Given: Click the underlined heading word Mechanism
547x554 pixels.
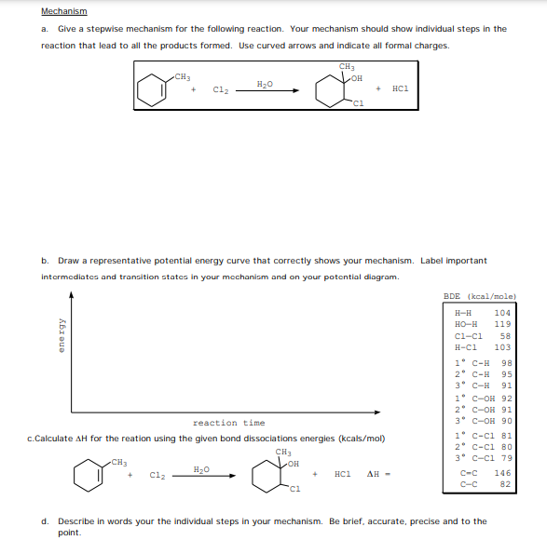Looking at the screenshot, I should pyautogui.click(x=64, y=11).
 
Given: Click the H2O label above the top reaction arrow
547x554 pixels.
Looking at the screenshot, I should pyautogui.click(x=266, y=84).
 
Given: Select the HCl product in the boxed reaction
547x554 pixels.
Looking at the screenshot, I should pyautogui.click(x=401, y=89).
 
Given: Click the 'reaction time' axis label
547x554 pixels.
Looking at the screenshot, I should pyautogui.click(x=228, y=423).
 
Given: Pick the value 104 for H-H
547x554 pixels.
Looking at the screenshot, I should pyautogui.click(x=502, y=313).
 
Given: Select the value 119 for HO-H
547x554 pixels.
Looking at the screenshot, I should pyautogui.click(x=502, y=324).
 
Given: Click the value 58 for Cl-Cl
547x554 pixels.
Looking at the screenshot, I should pyautogui.click(x=505, y=335).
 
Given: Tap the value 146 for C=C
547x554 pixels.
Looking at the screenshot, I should pyautogui.click(x=502, y=473).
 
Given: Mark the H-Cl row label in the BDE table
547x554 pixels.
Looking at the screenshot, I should pyautogui.click(x=463, y=346).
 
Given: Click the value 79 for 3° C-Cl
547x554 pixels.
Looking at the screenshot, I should pyautogui.click(x=505, y=456).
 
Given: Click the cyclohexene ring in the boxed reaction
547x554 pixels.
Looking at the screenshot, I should pyautogui.click(x=149, y=90).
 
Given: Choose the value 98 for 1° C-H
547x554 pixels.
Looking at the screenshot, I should pyautogui.click(x=505, y=363).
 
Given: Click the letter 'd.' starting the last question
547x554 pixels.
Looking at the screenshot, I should pyautogui.click(x=45, y=521).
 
